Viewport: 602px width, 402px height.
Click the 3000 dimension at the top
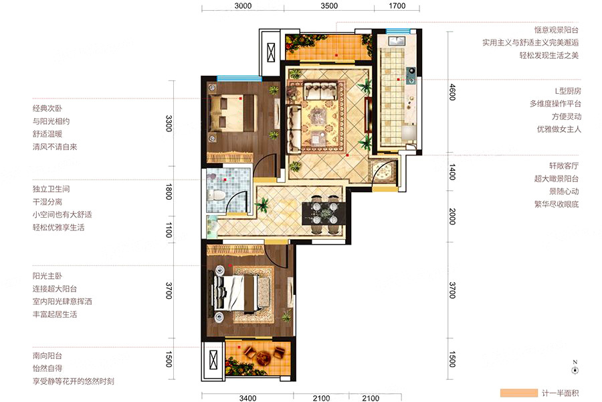tap(243, 6)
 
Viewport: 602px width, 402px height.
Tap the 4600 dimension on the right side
tap(452, 92)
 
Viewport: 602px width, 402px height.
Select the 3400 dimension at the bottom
tap(247, 398)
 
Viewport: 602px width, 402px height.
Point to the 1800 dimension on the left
tap(169, 191)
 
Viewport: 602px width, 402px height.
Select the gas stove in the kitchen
tap(411, 76)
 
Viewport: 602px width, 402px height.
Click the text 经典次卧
tap(47, 109)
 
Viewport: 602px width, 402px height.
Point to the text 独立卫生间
tap(51, 189)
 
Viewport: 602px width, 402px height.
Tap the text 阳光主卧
tap(47, 276)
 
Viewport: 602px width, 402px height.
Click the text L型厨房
tap(568, 91)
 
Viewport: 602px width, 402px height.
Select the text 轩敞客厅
tap(564, 165)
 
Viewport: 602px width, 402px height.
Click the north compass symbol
tap(575, 368)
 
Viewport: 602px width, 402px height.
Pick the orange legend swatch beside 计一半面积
tap(518, 393)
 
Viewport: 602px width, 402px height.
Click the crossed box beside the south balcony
tap(213, 360)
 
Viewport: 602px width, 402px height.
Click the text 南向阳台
tap(47, 356)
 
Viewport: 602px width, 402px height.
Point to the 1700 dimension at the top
tap(397, 6)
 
